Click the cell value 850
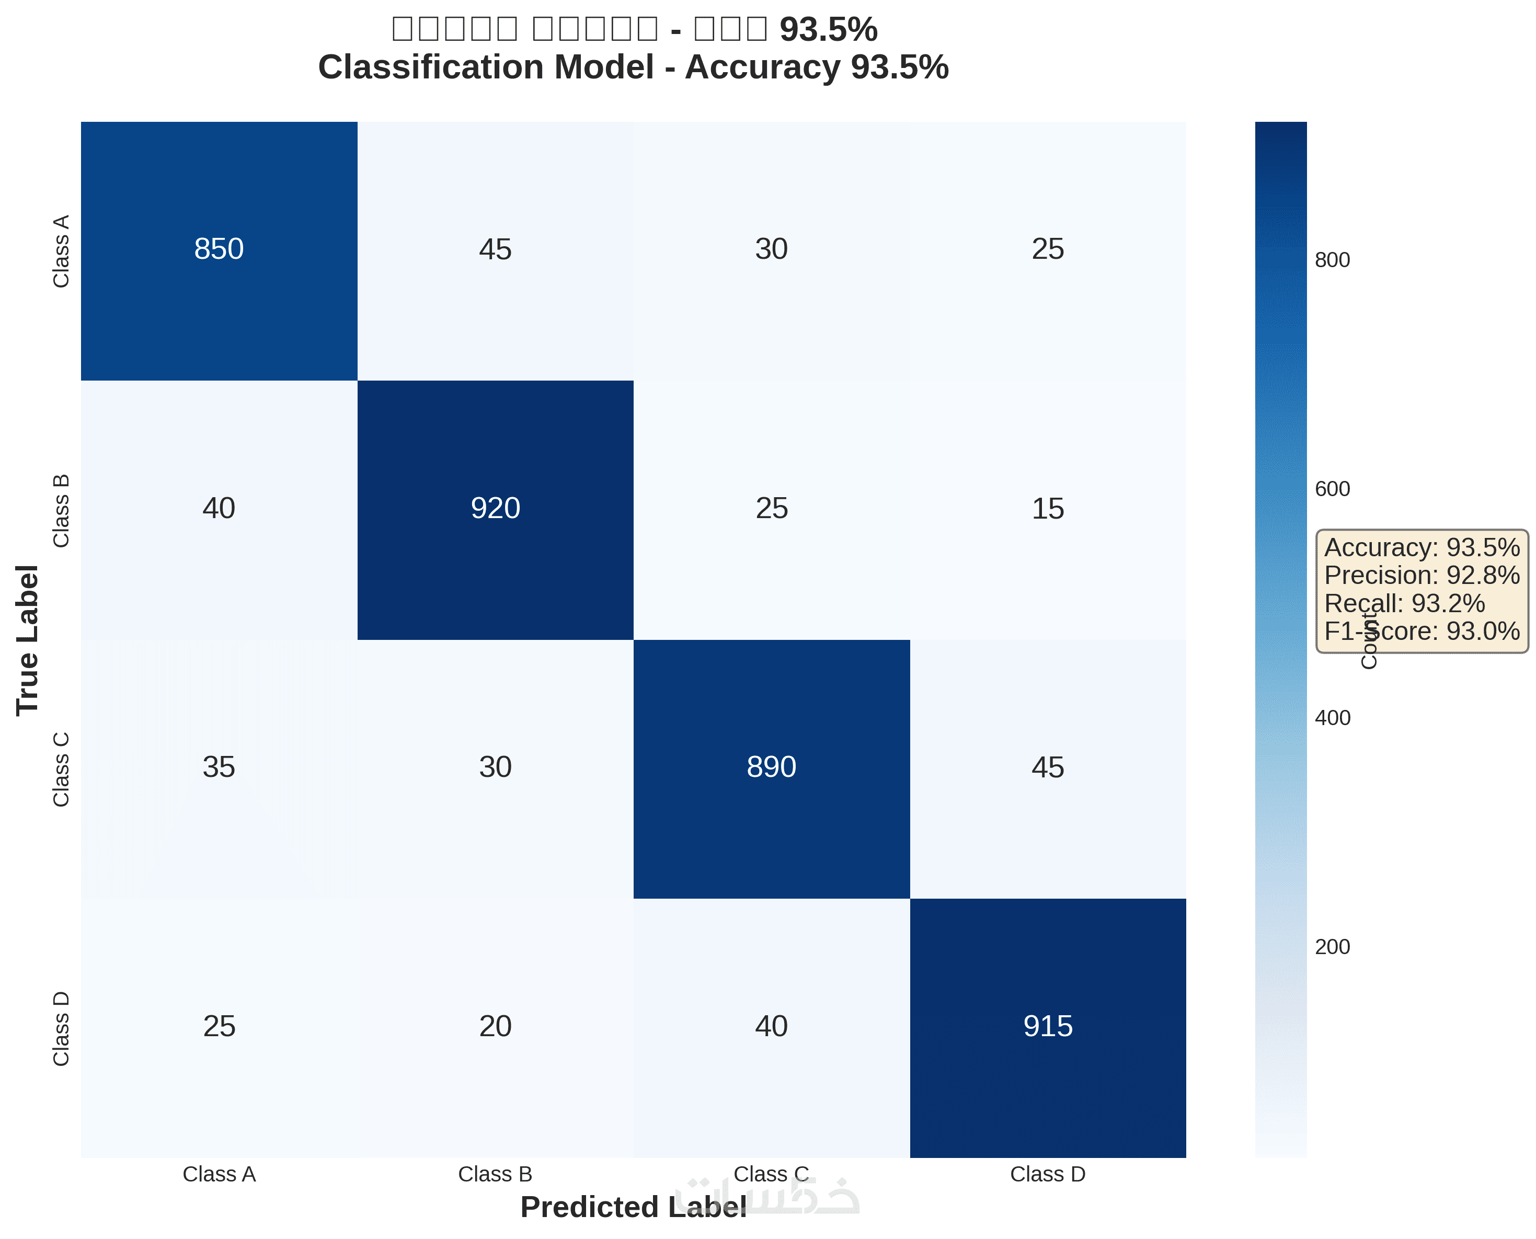pos(219,249)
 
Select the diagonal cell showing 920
pos(495,508)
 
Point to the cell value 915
pos(1047,1026)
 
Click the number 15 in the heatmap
pos(1047,509)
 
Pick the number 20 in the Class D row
pos(495,1026)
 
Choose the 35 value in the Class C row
pos(219,767)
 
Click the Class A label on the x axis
pos(219,1174)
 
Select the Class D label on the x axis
pos(1047,1174)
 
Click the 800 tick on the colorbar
pos(1332,260)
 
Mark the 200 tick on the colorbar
pos(1332,947)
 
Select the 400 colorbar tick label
pos(1332,718)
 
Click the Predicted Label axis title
pos(633,1208)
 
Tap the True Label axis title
pos(27,640)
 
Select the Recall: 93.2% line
pos(1404,604)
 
